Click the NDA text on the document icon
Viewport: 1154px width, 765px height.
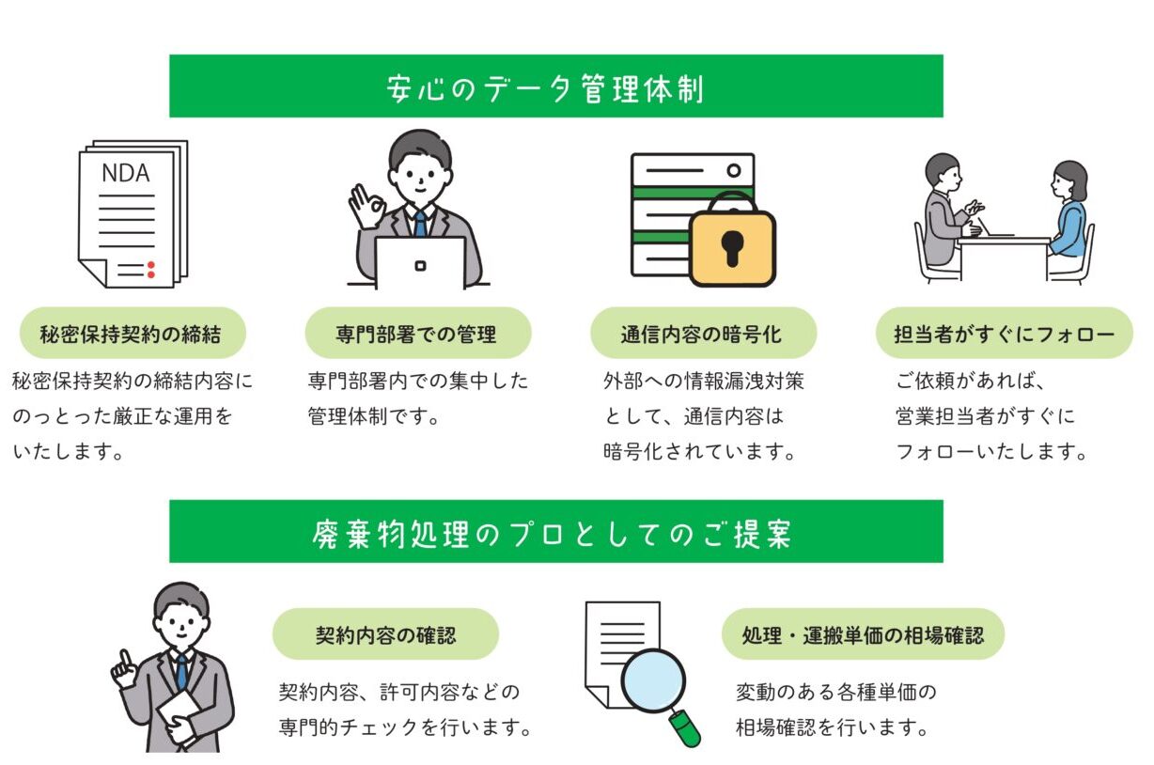pyautogui.click(x=126, y=173)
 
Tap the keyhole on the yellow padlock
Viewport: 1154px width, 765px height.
pyautogui.click(x=732, y=248)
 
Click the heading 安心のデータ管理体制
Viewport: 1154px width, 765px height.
pyautogui.click(x=545, y=88)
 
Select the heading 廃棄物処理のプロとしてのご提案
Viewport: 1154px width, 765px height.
pyautogui.click(x=552, y=534)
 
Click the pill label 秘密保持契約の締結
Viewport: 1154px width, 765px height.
pyautogui.click(x=133, y=334)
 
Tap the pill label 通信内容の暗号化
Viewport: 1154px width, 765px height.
pyautogui.click(x=703, y=334)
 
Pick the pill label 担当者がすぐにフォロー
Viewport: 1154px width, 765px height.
pyautogui.click(x=1004, y=334)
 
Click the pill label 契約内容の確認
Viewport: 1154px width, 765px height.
pyautogui.click(x=385, y=634)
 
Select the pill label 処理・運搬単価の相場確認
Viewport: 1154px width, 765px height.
pyautogui.click(x=863, y=634)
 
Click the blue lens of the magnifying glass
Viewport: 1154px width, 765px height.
pyautogui.click(x=653, y=681)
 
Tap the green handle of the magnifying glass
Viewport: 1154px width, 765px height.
pyautogui.click(x=685, y=728)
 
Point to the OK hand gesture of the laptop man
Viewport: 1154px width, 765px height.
pyautogui.click(x=366, y=206)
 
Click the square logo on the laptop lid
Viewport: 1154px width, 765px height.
pyautogui.click(x=420, y=266)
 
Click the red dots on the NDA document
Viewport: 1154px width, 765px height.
pyautogui.click(x=151, y=270)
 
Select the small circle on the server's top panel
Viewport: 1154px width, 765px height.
pyautogui.click(x=734, y=170)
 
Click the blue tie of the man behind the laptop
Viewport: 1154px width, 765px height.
pyautogui.click(x=420, y=223)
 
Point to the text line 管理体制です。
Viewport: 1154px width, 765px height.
pyautogui.click(x=373, y=416)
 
